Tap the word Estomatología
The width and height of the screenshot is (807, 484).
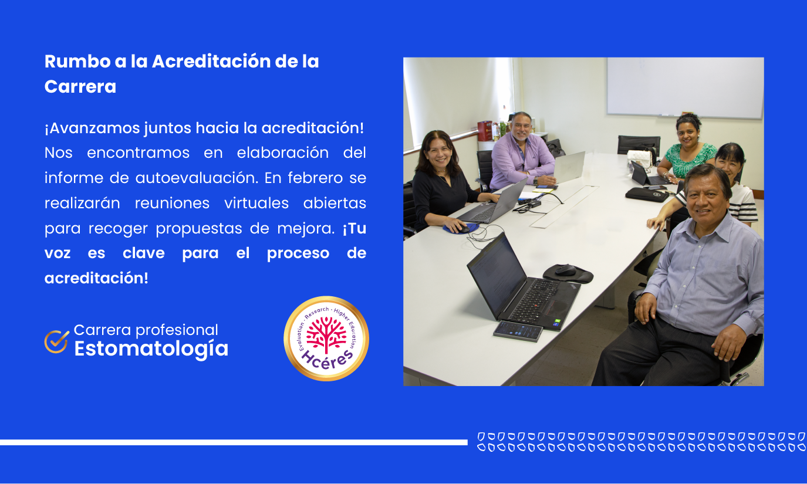click(151, 348)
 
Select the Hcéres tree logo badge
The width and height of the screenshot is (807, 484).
click(326, 339)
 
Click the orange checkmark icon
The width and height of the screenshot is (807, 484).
click(56, 341)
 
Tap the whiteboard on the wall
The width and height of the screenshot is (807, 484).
click(684, 87)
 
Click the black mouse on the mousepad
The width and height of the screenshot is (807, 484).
click(565, 270)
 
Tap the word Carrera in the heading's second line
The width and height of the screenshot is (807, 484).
click(80, 87)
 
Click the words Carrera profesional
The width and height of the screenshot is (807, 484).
click(146, 330)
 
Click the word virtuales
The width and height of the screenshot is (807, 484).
click(256, 203)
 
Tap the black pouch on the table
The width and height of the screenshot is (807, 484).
click(647, 194)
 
